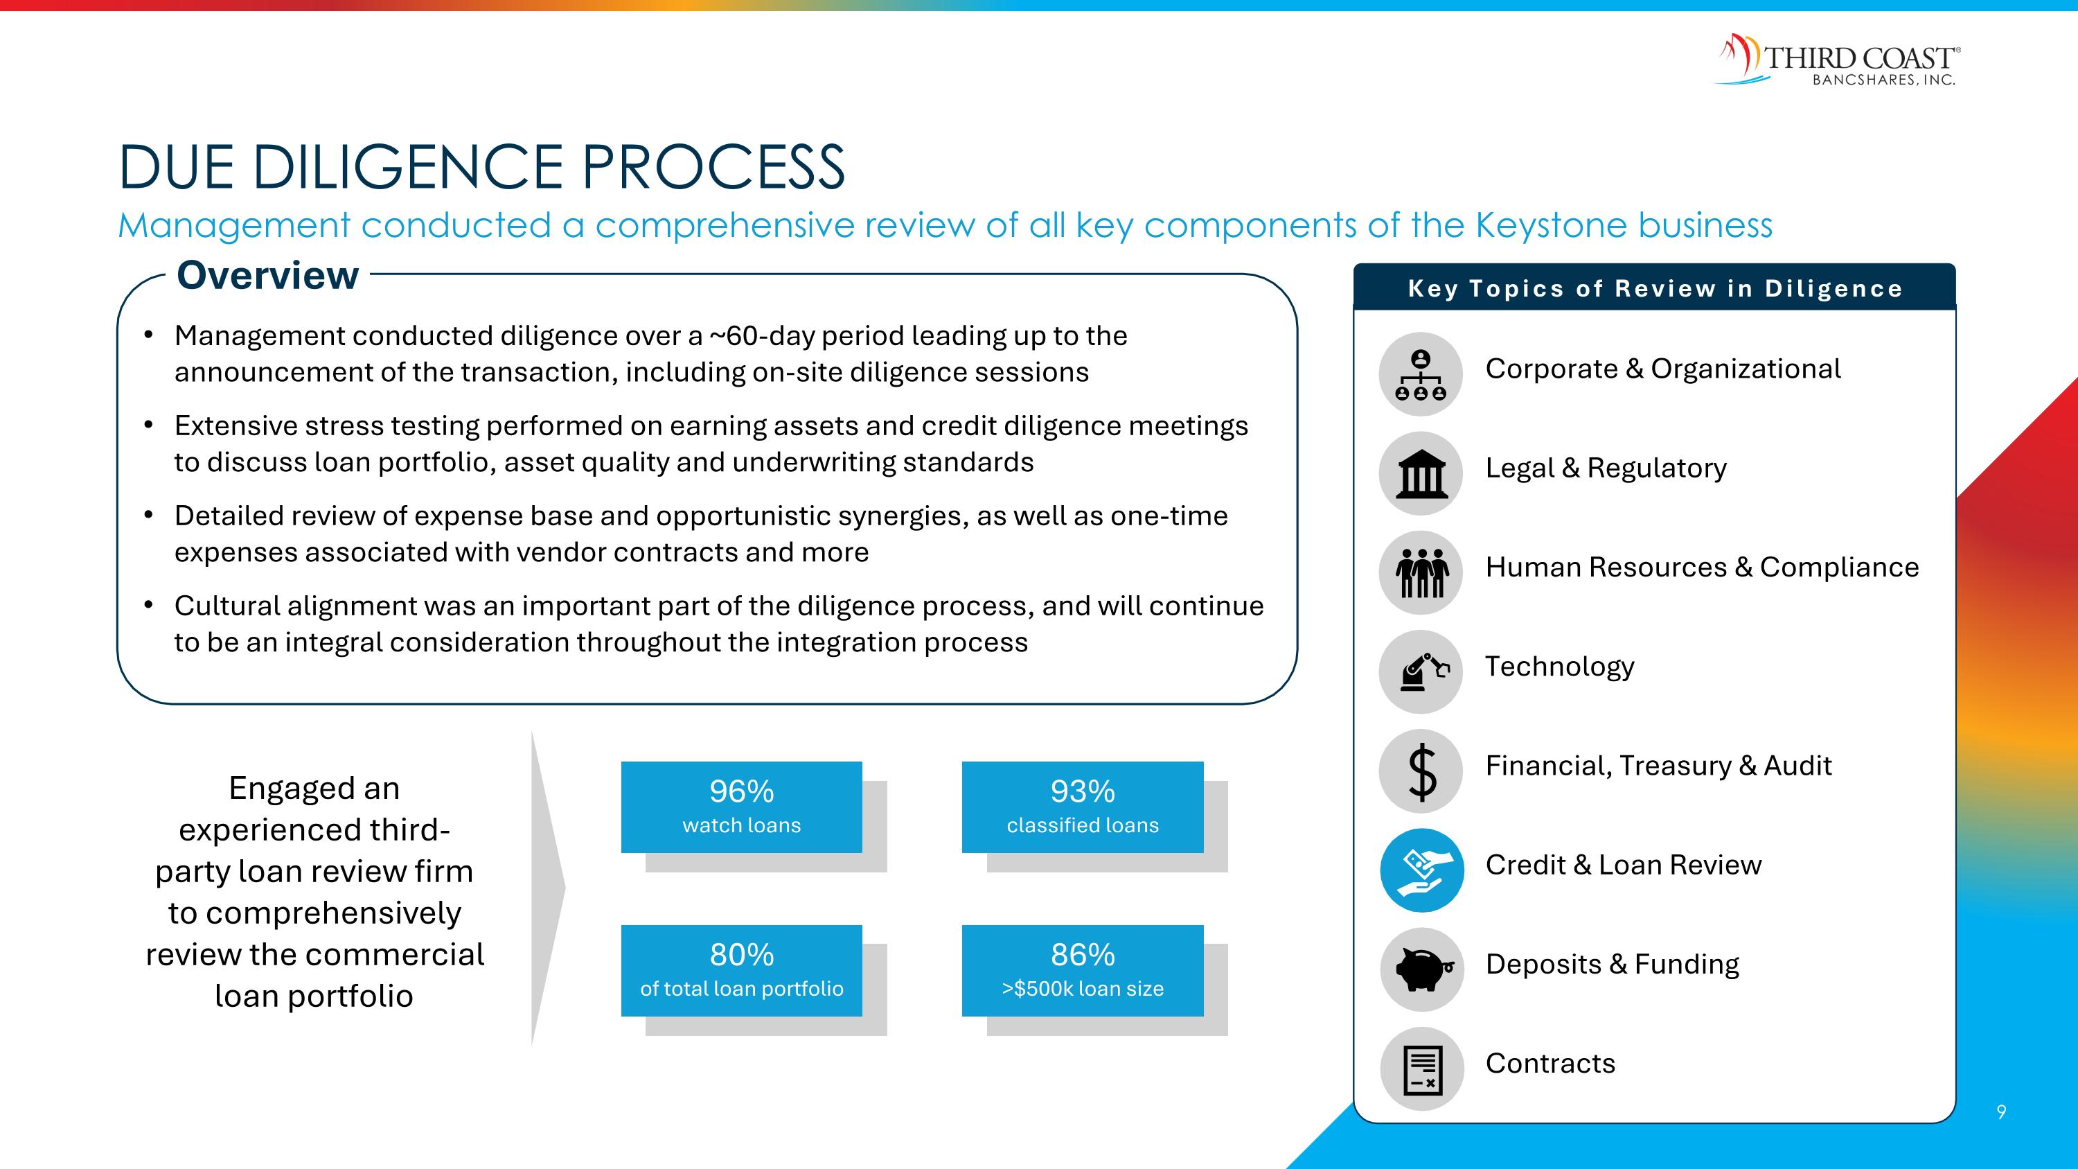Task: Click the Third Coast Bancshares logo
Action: (x=1837, y=60)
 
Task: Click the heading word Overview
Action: (x=267, y=276)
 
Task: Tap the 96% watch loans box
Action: (x=741, y=807)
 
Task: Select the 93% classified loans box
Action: (x=1082, y=807)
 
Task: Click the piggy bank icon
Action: (x=1421, y=969)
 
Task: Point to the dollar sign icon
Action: (x=1421, y=771)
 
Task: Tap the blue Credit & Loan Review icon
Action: (x=1421, y=870)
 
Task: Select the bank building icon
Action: (x=1421, y=473)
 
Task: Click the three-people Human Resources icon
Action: (x=1421, y=572)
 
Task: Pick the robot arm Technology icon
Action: (x=1421, y=671)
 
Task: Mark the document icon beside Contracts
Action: (x=1421, y=1069)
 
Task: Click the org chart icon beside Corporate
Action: (x=1421, y=374)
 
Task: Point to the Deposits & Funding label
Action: (x=1612, y=964)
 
